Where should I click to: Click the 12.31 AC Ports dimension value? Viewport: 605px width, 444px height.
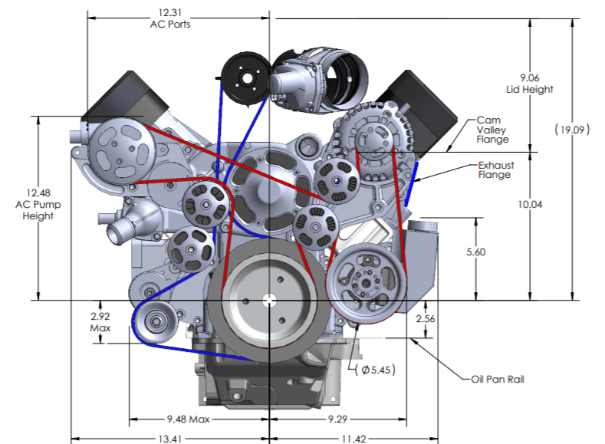[169, 18]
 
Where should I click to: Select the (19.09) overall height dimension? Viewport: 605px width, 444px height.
[571, 130]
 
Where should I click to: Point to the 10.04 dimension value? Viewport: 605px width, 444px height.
[530, 204]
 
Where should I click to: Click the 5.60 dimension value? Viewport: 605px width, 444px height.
[476, 252]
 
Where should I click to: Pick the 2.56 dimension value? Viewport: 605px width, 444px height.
[426, 317]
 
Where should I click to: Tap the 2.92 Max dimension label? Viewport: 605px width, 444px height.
[100, 321]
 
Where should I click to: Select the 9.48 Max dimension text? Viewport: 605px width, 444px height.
[189, 419]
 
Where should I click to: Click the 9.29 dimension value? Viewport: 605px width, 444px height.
[334, 419]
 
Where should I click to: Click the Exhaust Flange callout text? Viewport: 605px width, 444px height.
[495, 169]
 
